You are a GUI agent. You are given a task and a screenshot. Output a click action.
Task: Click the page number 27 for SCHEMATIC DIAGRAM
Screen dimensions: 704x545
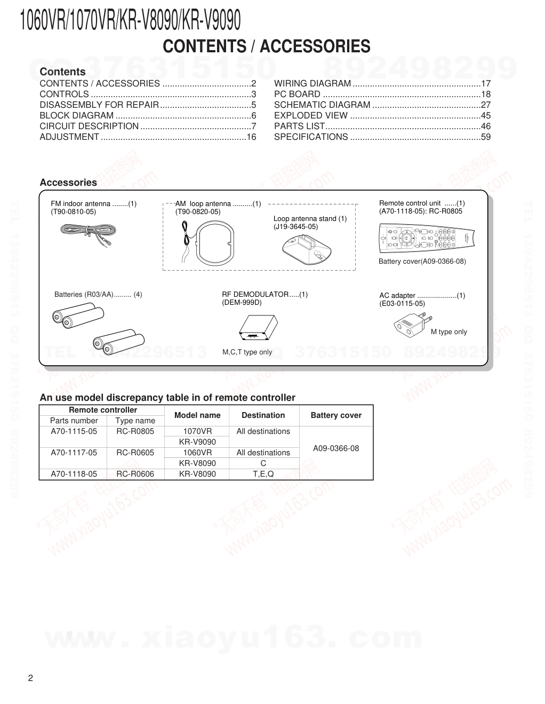tap(485, 105)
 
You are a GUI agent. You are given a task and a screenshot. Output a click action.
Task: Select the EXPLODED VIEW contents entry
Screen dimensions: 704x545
tap(311, 115)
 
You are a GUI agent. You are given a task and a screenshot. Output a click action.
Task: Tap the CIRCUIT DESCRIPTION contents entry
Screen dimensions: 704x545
tap(89, 126)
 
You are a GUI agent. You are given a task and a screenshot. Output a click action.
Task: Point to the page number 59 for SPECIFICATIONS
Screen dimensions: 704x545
tap(485, 137)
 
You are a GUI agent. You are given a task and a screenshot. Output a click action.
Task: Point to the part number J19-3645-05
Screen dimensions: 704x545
tap(295, 227)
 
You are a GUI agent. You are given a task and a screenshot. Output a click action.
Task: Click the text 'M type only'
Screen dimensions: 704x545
tap(448, 332)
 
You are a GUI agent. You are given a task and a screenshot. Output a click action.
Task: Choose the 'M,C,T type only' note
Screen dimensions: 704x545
tap(247, 352)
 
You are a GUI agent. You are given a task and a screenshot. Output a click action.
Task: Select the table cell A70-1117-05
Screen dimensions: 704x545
tap(74, 453)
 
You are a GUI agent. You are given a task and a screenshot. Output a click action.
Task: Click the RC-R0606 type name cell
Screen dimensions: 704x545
tap(135, 474)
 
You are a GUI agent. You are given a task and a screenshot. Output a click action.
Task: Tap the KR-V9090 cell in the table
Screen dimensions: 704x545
tap(197, 442)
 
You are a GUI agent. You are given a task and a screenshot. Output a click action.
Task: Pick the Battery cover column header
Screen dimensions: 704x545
tap(336, 415)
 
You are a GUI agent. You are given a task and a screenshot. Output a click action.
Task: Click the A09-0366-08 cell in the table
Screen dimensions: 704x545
tap(336, 448)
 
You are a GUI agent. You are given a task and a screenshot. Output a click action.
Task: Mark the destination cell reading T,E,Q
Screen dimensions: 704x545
tap(263, 474)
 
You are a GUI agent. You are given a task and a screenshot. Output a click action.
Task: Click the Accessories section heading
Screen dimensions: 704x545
tap(68, 183)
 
